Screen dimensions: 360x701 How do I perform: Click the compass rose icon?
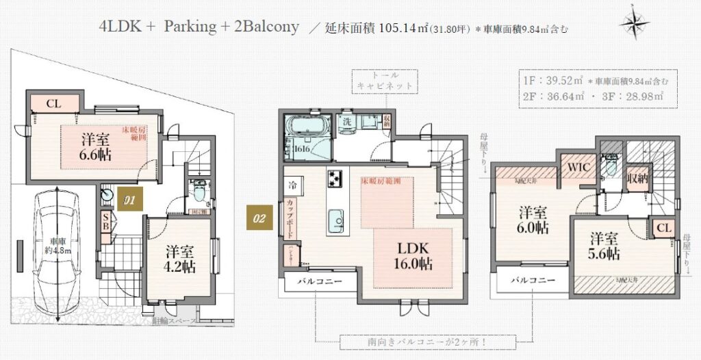pyautogui.click(x=635, y=23)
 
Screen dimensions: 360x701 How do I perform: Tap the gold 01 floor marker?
pyautogui.click(x=127, y=200)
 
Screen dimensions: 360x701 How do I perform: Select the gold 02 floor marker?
pyautogui.click(x=259, y=219)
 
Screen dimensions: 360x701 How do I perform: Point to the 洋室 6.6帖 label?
pyautogui.click(x=94, y=145)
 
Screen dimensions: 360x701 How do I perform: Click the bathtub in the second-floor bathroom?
pyautogui.click(x=307, y=127)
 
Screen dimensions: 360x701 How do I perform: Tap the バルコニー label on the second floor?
pyautogui.click(x=316, y=281)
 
